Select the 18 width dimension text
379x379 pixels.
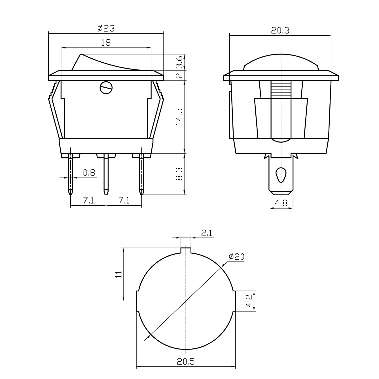click(106, 43)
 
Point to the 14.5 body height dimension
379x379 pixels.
click(179, 117)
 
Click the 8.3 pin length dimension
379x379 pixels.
click(179, 174)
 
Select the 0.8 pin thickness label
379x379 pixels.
click(89, 173)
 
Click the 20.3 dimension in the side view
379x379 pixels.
click(280, 30)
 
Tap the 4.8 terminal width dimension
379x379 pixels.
click(281, 203)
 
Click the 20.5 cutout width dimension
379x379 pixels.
click(186, 362)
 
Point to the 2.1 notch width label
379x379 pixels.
click(207, 233)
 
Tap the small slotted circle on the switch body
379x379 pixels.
click(106, 88)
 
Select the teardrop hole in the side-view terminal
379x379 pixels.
click(281, 175)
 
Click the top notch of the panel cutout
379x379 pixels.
click(186, 251)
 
